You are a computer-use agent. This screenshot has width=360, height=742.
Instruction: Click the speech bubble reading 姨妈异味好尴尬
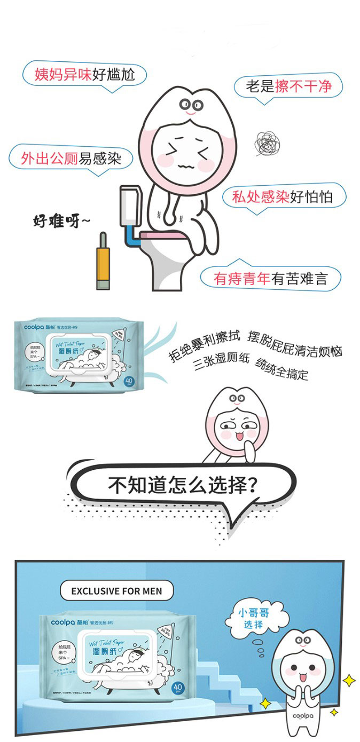[x=84, y=74]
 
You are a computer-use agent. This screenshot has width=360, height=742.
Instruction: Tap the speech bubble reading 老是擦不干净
[x=288, y=86]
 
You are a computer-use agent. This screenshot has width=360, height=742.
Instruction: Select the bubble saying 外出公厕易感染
[x=71, y=157]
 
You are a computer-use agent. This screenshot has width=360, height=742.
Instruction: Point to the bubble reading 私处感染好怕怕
[x=283, y=196]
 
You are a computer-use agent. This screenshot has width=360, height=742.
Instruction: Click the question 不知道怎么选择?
[x=181, y=485]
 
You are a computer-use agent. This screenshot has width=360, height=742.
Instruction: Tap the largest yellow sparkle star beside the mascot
[x=349, y=680]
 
